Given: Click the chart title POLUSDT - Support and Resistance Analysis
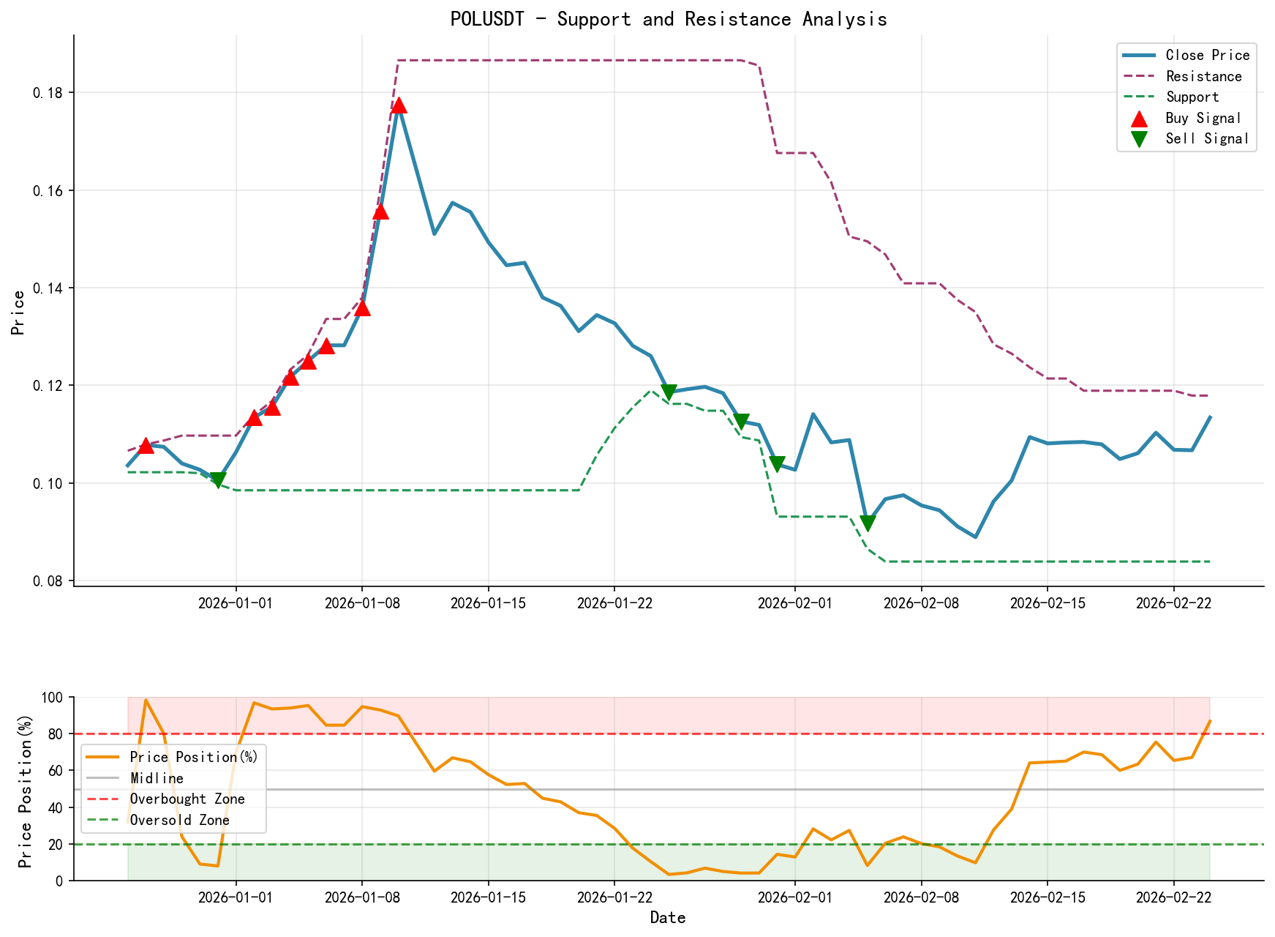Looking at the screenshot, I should tap(669, 19).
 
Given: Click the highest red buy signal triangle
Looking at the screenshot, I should tap(399, 105).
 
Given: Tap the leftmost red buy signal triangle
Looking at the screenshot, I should tap(146, 445).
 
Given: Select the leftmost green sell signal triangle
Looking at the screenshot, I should tap(217, 480).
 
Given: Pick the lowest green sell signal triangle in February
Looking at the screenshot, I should tap(868, 523).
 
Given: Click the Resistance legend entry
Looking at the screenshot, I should tap(1203, 76).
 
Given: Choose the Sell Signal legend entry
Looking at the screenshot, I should tap(1206, 138).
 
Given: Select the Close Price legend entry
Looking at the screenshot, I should tap(1207, 55).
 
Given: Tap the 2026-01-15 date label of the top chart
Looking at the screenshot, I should tap(488, 602).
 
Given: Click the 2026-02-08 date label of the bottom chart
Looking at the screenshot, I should tap(921, 897).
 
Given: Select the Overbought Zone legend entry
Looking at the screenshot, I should tap(187, 799).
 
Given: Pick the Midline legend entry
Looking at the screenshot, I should tap(157, 778).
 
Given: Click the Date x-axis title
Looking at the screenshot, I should tap(668, 917).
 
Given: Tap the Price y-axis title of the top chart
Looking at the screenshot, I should tap(19, 312).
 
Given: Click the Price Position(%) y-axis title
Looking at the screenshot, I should tap(26, 789).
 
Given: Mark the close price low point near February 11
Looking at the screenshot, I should tap(975, 537).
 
